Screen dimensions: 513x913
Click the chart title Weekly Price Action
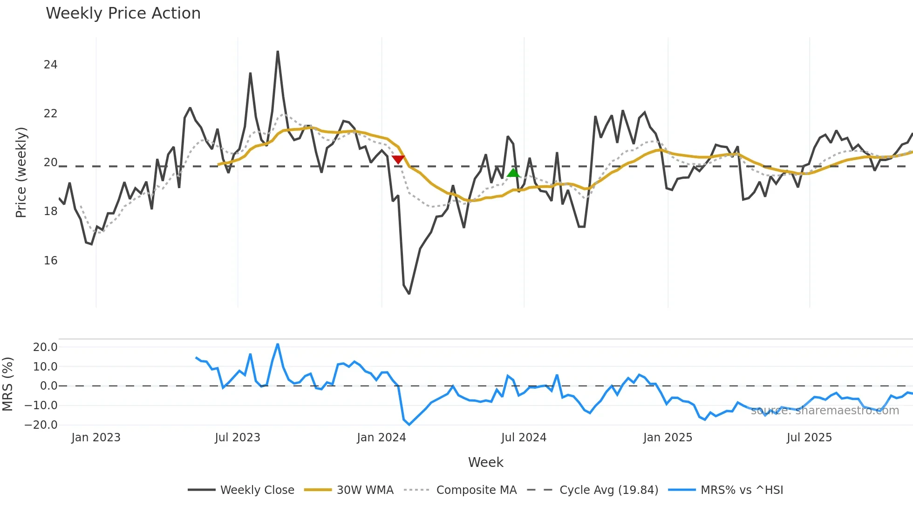tap(123, 13)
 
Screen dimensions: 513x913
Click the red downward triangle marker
tap(398, 160)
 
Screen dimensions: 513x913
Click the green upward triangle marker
tap(513, 173)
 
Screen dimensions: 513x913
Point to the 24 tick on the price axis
tap(50, 65)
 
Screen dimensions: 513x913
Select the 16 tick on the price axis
tap(50, 261)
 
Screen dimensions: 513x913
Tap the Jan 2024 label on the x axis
tap(381, 438)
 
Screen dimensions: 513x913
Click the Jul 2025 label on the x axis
tap(809, 438)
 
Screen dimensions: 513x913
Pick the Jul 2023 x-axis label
tap(238, 438)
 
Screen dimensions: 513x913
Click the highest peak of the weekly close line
tap(278, 52)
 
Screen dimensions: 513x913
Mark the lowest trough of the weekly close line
tap(409, 294)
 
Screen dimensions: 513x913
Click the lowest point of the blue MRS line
tap(409, 425)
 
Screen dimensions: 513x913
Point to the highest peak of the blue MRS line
tap(278, 344)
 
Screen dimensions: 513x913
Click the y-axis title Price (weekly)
tap(21, 172)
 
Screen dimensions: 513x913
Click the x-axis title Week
tap(485, 462)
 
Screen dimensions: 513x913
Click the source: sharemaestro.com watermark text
tap(824, 411)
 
